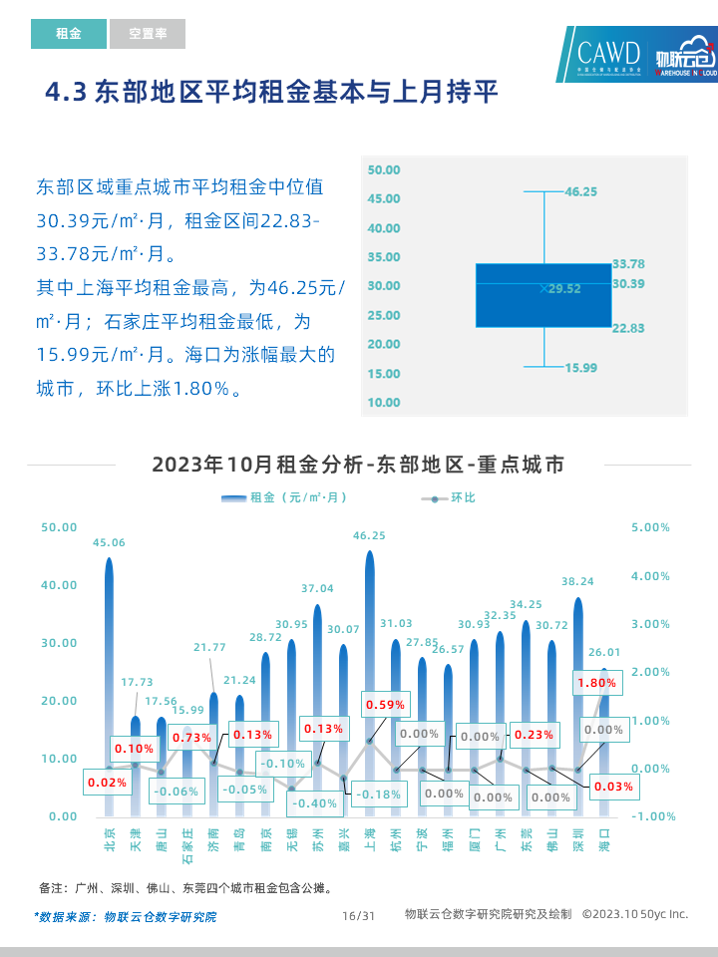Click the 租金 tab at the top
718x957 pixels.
click(x=68, y=34)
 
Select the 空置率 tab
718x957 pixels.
click(x=148, y=34)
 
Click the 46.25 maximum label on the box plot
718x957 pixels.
click(x=580, y=191)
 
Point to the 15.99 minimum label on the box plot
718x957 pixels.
click(x=580, y=368)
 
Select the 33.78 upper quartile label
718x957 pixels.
click(x=628, y=264)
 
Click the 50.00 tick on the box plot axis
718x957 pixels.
click(x=384, y=170)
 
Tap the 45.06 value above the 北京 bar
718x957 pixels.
click(x=109, y=543)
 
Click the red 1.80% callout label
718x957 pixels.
click(x=596, y=683)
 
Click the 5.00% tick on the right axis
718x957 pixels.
click(x=651, y=527)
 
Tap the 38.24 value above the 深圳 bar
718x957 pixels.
click(x=577, y=581)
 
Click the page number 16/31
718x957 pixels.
click(x=358, y=915)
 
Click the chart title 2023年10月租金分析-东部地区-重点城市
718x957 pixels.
click(x=358, y=465)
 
